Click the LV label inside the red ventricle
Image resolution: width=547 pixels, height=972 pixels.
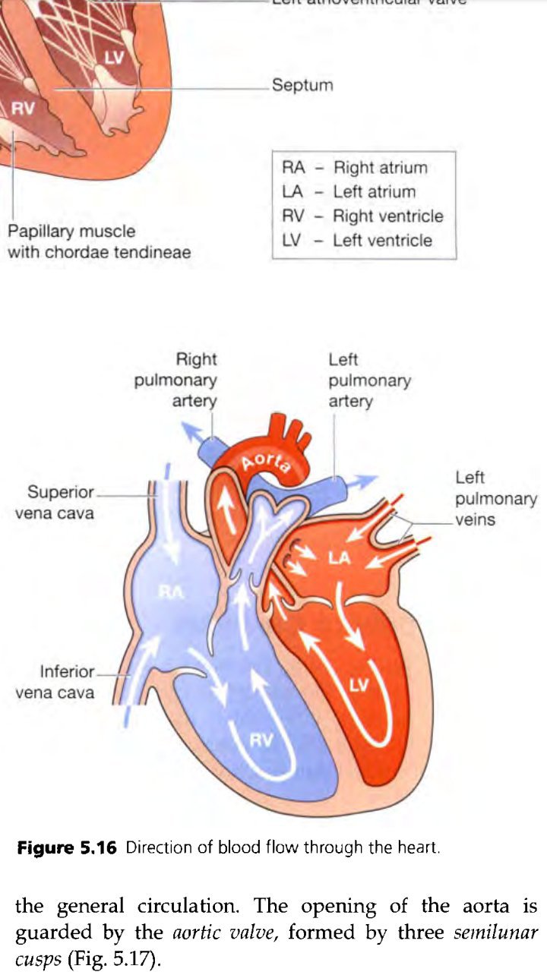pos(359,686)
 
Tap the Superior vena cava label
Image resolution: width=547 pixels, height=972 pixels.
pos(55,502)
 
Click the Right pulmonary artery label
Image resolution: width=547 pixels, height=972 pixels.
pos(175,380)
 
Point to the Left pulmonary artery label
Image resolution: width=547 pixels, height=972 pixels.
pos(369,380)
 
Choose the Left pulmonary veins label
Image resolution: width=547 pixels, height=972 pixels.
pos(495,499)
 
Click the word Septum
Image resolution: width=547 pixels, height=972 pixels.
pos(302,85)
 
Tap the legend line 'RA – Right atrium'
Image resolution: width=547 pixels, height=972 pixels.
pos(354,168)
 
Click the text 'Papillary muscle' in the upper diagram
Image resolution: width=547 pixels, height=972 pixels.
pos(71,231)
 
